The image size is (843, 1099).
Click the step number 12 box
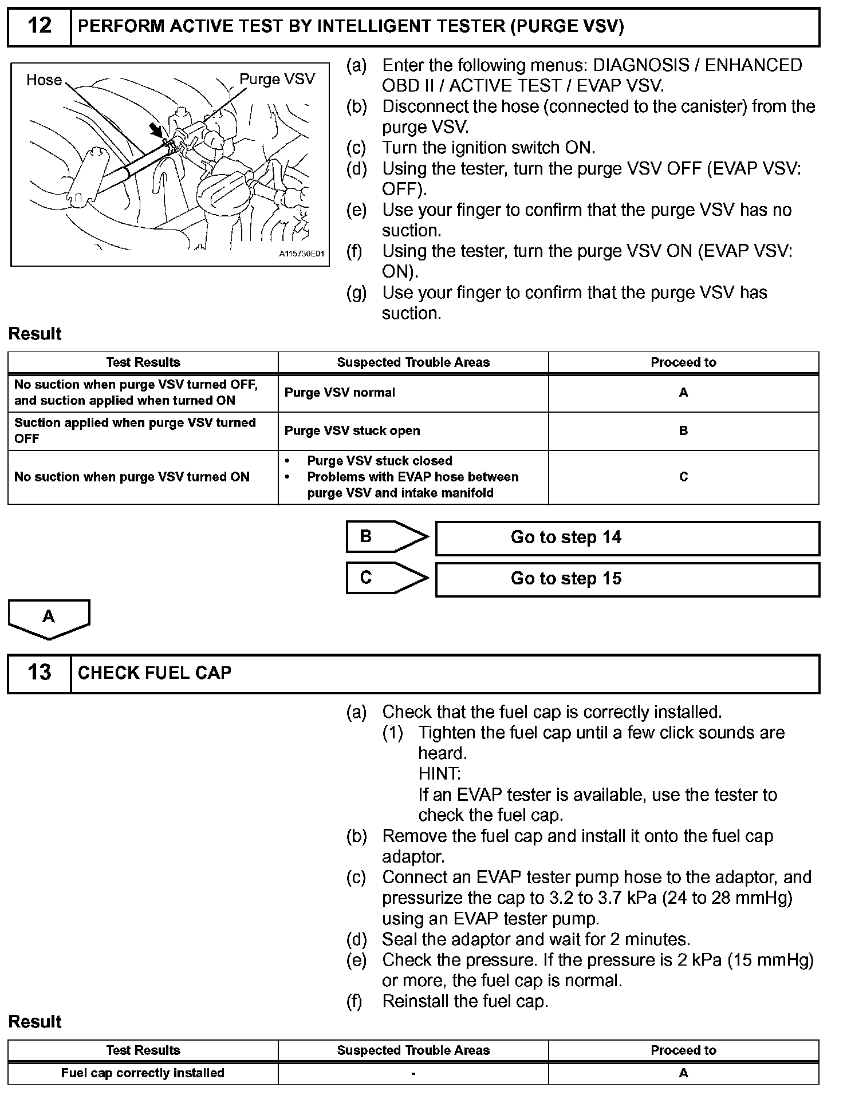[39, 26]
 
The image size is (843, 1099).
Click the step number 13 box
[39, 673]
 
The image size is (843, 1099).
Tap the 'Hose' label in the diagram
[44, 80]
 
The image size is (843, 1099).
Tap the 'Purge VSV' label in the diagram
[277, 79]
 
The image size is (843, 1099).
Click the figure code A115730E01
[301, 254]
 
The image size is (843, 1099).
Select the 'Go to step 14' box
[627, 537]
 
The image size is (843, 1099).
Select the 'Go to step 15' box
[627, 579]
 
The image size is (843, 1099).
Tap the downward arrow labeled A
[49, 618]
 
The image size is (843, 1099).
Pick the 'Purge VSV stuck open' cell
[413, 431]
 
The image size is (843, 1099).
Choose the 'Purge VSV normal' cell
[413, 393]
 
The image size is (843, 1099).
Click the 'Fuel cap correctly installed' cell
[143, 1073]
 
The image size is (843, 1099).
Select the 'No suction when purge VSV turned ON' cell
[143, 477]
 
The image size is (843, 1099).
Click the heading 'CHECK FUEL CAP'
[155, 673]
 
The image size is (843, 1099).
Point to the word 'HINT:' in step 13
[439, 774]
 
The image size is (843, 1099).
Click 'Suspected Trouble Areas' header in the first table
[413, 362]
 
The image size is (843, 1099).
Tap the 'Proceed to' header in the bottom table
[683, 1050]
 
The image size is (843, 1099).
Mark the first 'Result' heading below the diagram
[35, 334]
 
